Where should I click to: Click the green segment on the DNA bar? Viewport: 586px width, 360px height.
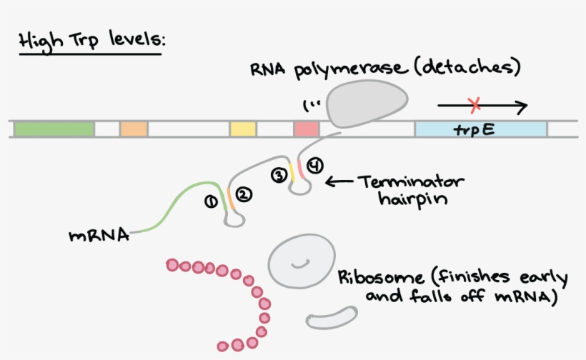coord(54,129)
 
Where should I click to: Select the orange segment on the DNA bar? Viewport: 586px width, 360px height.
coord(134,129)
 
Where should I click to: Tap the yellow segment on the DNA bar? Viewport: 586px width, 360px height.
coord(243,129)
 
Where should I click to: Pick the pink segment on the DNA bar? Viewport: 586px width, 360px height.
coord(306,129)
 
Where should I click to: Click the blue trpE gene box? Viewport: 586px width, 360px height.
coord(480,129)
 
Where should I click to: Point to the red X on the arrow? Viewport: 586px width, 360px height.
coord(475,106)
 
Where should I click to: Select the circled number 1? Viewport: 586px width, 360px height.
coord(211,202)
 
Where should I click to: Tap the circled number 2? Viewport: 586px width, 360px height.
coord(244,194)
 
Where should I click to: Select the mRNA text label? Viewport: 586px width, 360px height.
coord(99,235)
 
